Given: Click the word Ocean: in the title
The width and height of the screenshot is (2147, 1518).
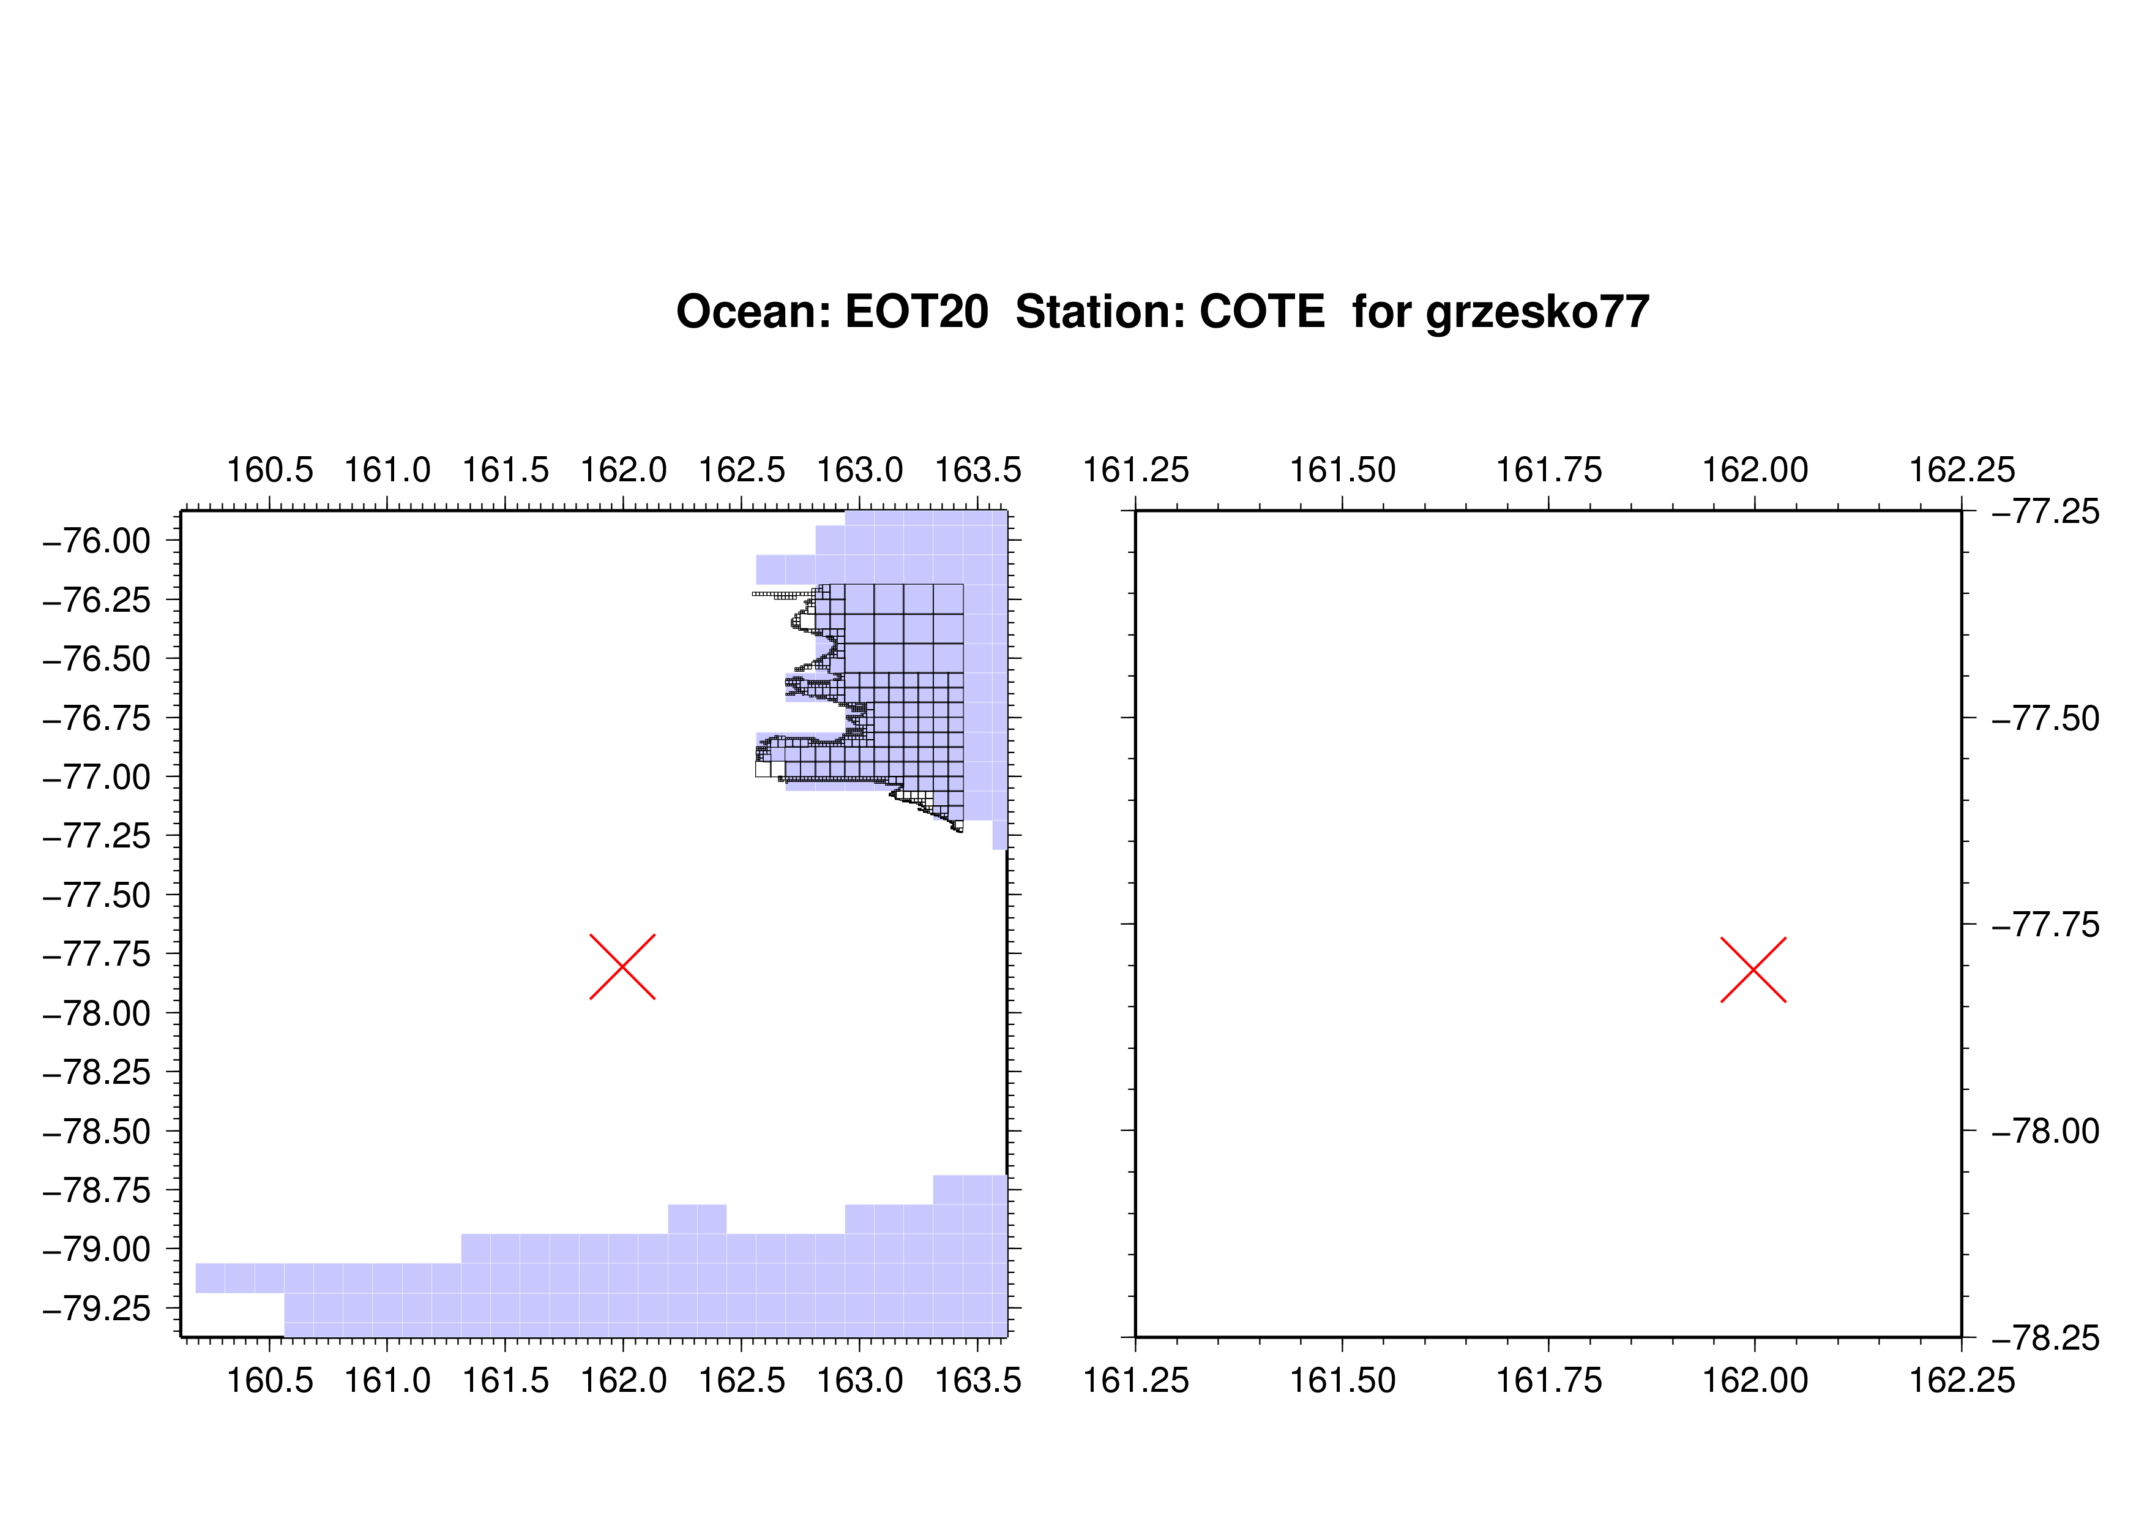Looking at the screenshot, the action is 753,312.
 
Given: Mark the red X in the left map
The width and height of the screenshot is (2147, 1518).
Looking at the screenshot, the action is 623,966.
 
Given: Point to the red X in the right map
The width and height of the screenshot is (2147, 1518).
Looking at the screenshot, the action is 1753,969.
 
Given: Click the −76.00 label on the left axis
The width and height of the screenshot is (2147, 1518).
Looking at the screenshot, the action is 96,541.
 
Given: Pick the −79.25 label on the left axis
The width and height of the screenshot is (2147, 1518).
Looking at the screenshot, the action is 96,1309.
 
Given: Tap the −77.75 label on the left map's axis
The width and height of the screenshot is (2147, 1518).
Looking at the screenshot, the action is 96,954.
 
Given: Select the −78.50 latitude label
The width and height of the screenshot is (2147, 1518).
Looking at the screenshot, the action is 96,1132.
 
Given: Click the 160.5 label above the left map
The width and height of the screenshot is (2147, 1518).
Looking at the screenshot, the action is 271,470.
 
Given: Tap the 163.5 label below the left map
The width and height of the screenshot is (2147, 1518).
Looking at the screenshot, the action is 978,1380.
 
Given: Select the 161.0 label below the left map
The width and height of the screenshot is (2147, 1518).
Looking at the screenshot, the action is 388,1380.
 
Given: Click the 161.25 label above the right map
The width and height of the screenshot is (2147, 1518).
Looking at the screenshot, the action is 1136,470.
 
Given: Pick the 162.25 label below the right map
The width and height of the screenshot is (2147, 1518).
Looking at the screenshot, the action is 1962,1380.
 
